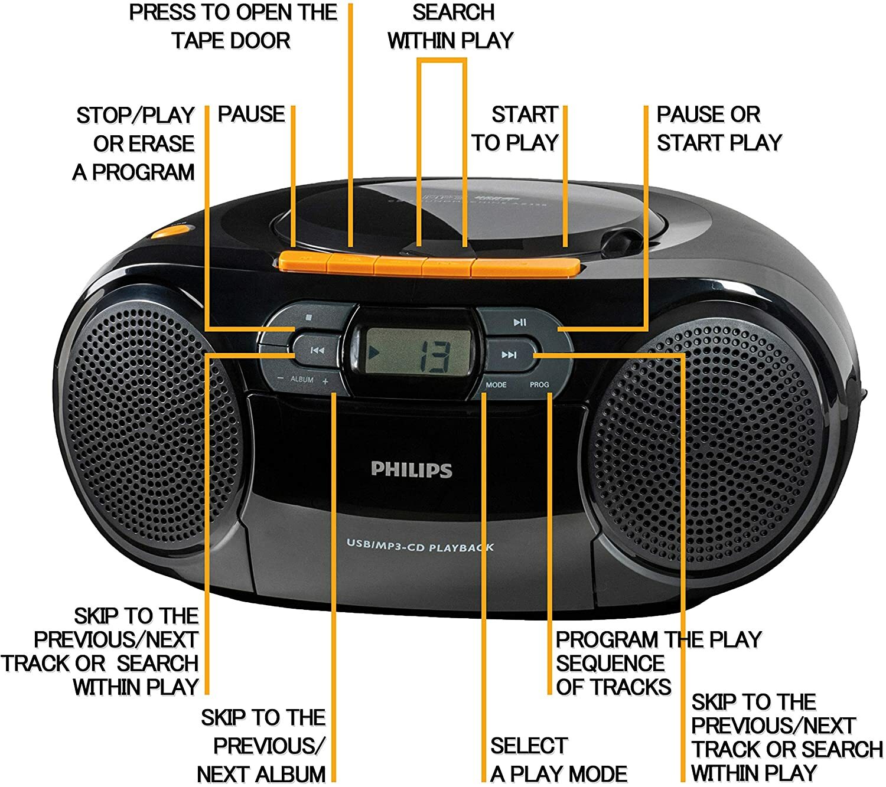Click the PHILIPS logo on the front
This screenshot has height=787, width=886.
coord(411,469)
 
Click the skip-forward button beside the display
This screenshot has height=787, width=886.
coord(509,355)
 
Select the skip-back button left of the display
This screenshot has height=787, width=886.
coord(317,351)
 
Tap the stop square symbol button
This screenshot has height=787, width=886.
coord(308,317)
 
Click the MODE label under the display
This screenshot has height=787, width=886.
coord(496,384)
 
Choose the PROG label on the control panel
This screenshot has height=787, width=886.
coord(539,384)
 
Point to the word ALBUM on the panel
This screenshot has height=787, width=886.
coord(302,379)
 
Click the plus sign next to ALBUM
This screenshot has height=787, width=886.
coord(325,381)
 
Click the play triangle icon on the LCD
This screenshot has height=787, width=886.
coord(373,353)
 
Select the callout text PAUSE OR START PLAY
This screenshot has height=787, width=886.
coord(718,128)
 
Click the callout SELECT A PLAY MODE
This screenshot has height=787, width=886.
coord(558,759)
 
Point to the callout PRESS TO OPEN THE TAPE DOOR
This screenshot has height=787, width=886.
coord(233,27)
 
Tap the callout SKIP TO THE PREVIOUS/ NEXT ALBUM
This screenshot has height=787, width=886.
coord(262,745)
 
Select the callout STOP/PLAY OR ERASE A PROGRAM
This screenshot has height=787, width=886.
coord(135,143)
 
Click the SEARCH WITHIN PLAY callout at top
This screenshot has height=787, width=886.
coord(451,27)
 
